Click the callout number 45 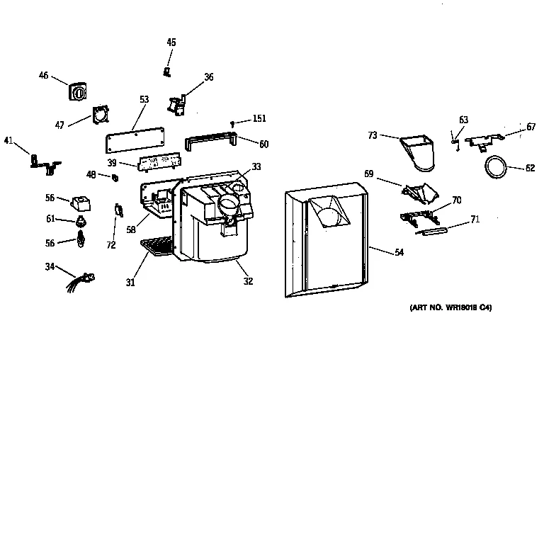point(171,42)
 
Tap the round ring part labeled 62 point(493,167)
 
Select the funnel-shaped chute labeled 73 point(419,152)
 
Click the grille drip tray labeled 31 point(157,246)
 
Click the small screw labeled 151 point(232,125)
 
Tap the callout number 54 point(399,251)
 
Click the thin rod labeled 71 point(431,231)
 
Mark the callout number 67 point(531,127)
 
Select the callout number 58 point(131,230)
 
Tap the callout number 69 point(369,173)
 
